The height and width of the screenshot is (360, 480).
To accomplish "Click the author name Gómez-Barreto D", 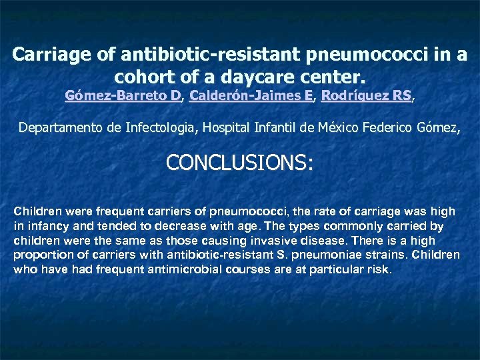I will point(123,95).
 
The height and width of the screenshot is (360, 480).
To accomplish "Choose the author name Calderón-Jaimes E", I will point(251,95).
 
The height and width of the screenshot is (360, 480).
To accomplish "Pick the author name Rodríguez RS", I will point(366,95).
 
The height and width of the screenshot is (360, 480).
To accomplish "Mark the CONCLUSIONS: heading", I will point(239,163).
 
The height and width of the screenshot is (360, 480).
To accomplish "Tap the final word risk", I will point(381,270).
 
